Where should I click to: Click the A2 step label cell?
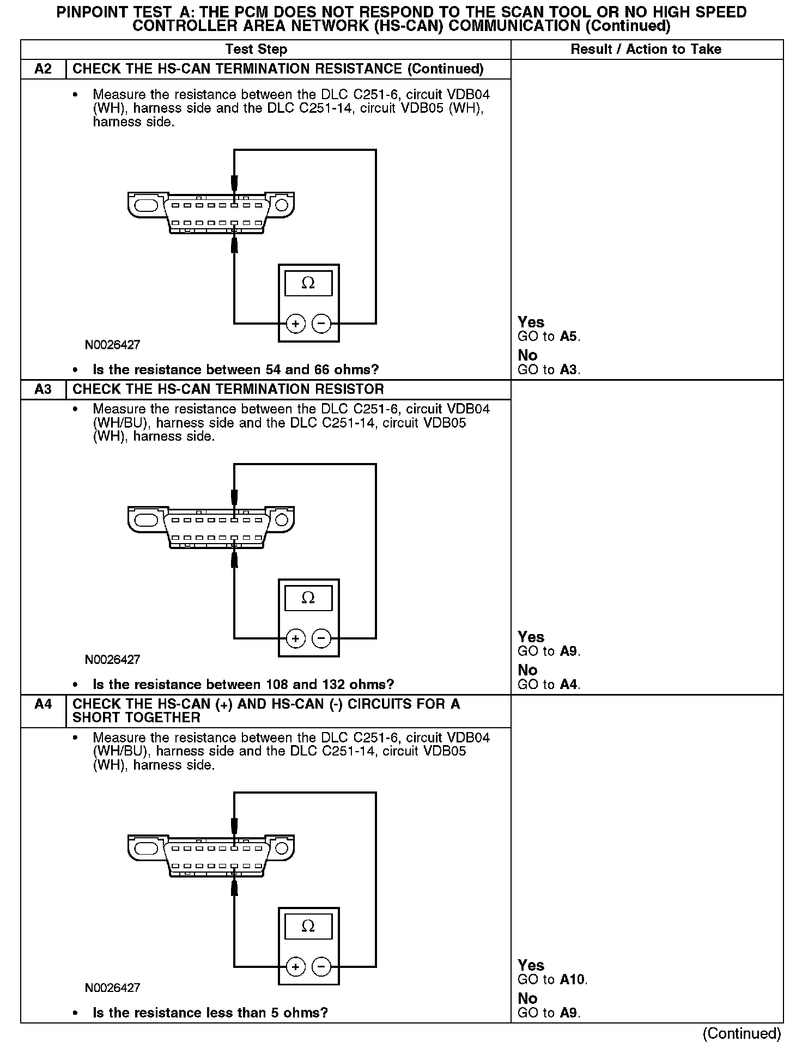click(x=43, y=69)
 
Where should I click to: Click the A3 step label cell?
click(x=43, y=389)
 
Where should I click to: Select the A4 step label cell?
click(x=43, y=705)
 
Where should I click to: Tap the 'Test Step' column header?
click(x=256, y=50)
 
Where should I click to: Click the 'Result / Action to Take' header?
click(x=646, y=50)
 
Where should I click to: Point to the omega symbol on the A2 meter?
click(x=308, y=283)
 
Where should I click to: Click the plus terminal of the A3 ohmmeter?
click(x=295, y=638)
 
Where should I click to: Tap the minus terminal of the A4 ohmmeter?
click(x=321, y=967)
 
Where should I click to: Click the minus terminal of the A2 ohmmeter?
click(x=321, y=324)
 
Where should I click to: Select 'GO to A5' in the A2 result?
click(x=549, y=337)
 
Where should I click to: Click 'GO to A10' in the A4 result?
click(x=552, y=980)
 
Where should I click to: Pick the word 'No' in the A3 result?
click(x=527, y=670)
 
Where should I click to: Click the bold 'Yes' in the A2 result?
click(x=531, y=322)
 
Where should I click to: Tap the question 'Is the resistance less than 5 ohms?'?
click(x=210, y=1013)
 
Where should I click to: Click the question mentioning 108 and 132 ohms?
click(x=243, y=685)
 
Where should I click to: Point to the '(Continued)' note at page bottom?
click(x=742, y=1034)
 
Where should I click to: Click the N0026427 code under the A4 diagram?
click(x=112, y=988)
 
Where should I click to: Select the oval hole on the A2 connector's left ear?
click(x=146, y=205)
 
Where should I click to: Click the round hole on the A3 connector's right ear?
click(x=282, y=520)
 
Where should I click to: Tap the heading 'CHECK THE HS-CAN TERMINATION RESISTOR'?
click(x=228, y=389)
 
